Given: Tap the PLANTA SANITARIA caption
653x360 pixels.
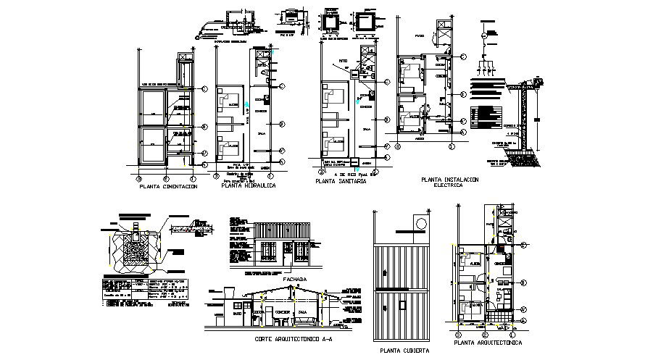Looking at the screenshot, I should pyautogui.click(x=341, y=182).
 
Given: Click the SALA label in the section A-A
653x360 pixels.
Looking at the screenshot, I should pyautogui.click(x=303, y=314).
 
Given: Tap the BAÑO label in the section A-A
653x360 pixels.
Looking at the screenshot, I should pyautogui.click(x=237, y=314).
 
